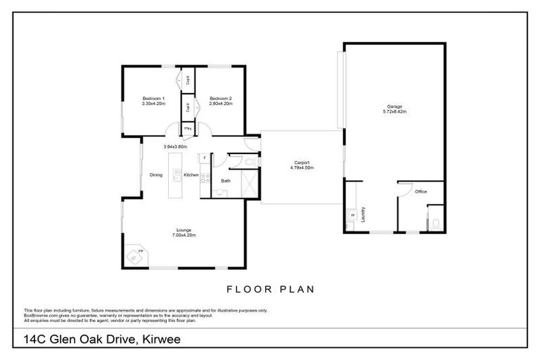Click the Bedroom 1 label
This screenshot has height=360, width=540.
[153, 98]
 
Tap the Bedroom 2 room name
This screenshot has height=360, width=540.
[221, 98]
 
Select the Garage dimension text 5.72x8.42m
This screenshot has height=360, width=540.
[394, 111]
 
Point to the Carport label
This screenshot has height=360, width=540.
[302, 162]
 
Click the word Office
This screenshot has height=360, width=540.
[420, 191]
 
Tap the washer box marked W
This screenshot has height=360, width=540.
[351, 215]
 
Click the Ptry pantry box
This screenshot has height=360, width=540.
[188, 129]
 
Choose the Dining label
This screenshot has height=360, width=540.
[156, 175]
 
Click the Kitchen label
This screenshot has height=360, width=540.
[191, 175]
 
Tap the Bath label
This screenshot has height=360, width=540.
[226, 181]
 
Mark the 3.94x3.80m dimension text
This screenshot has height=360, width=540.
[175, 146]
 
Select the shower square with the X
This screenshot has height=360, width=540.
[249, 186]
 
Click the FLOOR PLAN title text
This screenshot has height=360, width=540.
[270, 288]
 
